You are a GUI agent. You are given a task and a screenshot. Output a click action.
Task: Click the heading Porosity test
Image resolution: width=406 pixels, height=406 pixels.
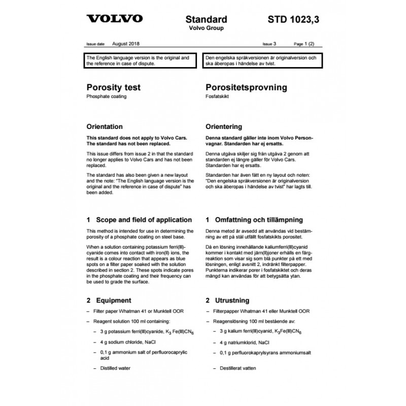[114, 87]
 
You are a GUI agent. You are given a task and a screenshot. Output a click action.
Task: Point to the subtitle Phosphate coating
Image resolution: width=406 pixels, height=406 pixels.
[107, 96]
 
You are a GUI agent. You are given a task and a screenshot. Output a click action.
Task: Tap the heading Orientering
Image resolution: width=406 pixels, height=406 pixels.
[224, 126]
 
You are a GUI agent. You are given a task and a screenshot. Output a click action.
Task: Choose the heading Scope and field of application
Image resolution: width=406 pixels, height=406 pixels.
[139, 220]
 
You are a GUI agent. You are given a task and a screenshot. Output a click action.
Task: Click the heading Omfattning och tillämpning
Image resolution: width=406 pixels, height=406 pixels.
[254, 220]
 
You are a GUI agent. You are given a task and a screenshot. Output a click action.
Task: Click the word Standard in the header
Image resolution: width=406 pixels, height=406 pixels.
[206, 20]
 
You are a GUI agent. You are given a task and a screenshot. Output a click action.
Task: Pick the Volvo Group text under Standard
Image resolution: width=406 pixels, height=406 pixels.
[206, 28]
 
